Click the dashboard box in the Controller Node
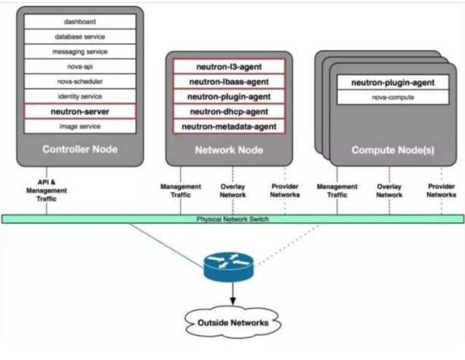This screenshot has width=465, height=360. (x=80, y=23)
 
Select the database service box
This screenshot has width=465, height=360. (x=80, y=36)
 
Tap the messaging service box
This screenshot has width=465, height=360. (x=80, y=51)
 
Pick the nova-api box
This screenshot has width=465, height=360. (x=80, y=66)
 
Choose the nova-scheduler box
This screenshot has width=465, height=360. (x=80, y=81)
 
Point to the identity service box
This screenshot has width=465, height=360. (x=80, y=96)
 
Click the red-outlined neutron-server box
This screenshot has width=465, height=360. (x=80, y=111)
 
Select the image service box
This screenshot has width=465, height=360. (x=80, y=125)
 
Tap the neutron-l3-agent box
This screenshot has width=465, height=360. (x=229, y=66)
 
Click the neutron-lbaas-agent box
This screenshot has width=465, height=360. (x=229, y=81)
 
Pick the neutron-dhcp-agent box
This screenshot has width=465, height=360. (x=229, y=111)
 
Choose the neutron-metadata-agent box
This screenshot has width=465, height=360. (x=229, y=126)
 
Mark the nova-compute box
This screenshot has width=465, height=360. (x=386, y=96)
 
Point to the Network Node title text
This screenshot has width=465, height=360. (x=229, y=149)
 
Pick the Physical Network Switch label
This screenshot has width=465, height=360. (x=232, y=220)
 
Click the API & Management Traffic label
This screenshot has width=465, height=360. (x=47, y=189)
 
